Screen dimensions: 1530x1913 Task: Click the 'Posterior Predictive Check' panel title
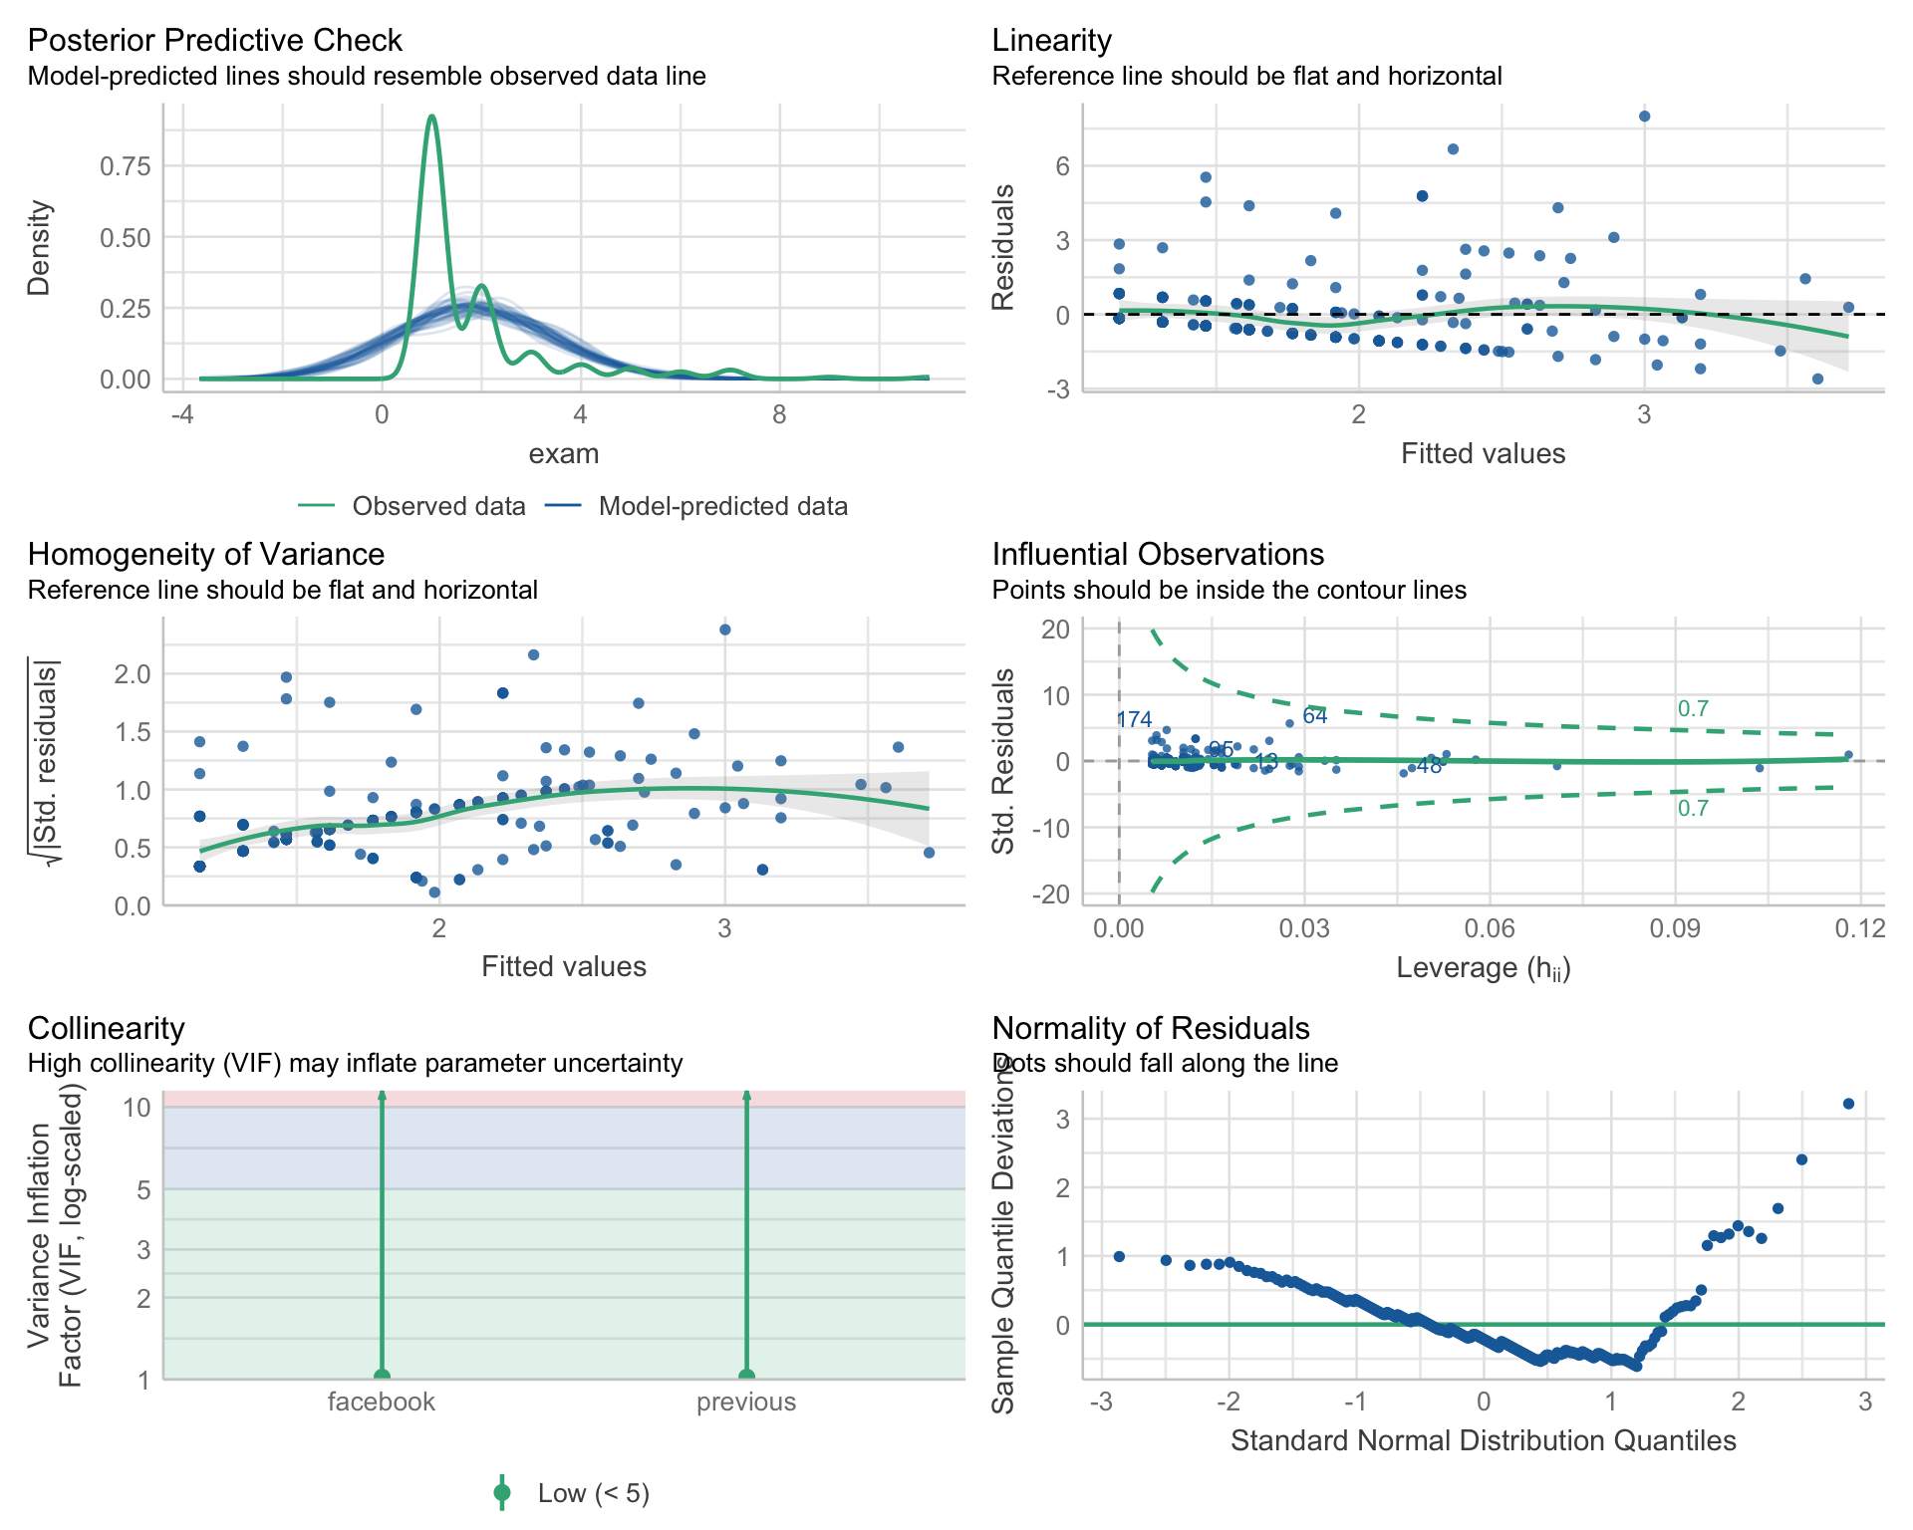point(214,40)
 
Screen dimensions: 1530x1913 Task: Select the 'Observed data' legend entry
point(438,506)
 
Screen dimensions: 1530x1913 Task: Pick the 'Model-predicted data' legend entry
point(722,506)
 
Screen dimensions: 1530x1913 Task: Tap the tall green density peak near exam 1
point(431,118)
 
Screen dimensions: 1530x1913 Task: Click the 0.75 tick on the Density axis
point(126,166)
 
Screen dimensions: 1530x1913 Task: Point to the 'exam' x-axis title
point(563,454)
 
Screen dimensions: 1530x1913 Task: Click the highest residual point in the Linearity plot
point(1644,117)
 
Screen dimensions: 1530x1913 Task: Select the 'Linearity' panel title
point(1051,40)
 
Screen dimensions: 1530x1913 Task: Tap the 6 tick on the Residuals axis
point(1062,166)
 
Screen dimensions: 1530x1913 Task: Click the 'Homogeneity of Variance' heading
point(206,554)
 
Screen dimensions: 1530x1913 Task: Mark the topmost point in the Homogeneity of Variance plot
point(725,630)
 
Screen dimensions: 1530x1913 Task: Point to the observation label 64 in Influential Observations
point(1315,716)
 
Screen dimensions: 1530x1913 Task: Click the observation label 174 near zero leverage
point(1135,719)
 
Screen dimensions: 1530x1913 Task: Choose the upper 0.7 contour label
point(1693,709)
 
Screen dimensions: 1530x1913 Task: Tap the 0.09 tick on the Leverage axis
point(1674,929)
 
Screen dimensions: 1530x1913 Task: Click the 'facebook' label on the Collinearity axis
point(382,1402)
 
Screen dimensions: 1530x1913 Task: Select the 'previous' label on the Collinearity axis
point(746,1402)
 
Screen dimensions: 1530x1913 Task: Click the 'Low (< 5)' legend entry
point(593,1493)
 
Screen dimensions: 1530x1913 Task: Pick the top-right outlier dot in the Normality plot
point(1848,1104)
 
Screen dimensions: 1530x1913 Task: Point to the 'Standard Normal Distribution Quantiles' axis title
point(1483,1440)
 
